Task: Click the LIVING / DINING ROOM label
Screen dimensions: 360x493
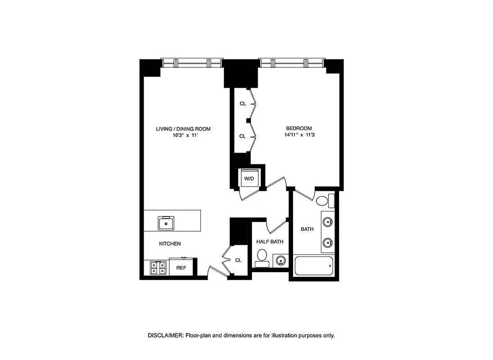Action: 183,129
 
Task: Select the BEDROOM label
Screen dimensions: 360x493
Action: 299,128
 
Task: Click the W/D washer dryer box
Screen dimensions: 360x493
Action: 249,178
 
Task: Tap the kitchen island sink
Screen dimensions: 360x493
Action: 166,222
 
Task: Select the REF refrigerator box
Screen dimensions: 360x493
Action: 181,268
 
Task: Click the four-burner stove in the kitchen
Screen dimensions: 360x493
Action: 157,268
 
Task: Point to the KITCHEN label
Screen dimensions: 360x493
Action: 170,243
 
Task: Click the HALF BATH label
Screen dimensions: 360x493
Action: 270,242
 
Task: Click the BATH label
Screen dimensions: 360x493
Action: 307,229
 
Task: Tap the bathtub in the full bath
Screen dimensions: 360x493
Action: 313,266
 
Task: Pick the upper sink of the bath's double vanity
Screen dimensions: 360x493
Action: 327,221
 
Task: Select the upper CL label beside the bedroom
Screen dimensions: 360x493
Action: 243,103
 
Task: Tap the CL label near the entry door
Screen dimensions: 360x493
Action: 238,260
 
